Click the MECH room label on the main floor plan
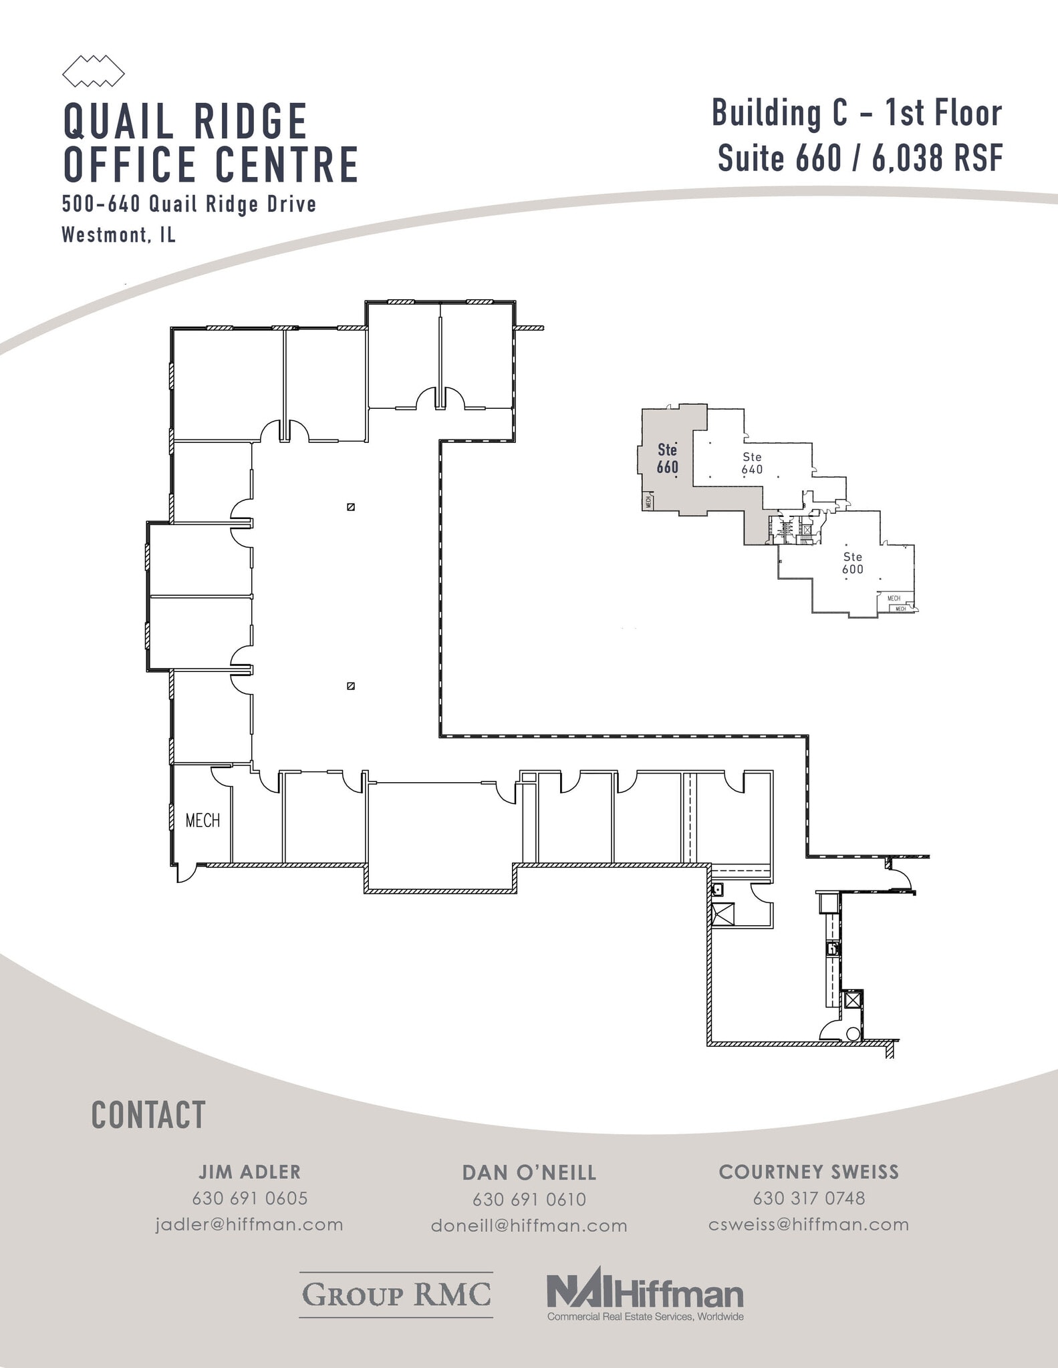(x=202, y=820)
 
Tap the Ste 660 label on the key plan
(x=667, y=459)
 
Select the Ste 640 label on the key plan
(x=752, y=463)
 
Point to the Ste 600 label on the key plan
(x=852, y=562)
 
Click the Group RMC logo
(x=396, y=1295)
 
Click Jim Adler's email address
(x=249, y=1224)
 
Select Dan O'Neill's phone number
(x=529, y=1199)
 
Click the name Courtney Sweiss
(x=809, y=1172)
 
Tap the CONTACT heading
(x=148, y=1116)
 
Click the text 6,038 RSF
(x=938, y=158)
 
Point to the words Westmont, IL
(x=119, y=234)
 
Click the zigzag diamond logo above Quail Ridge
(x=94, y=71)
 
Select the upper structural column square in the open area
(x=351, y=507)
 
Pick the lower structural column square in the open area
(x=351, y=685)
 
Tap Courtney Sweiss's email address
(x=809, y=1224)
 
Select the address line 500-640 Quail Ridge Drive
(x=189, y=204)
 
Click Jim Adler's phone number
(x=249, y=1198)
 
